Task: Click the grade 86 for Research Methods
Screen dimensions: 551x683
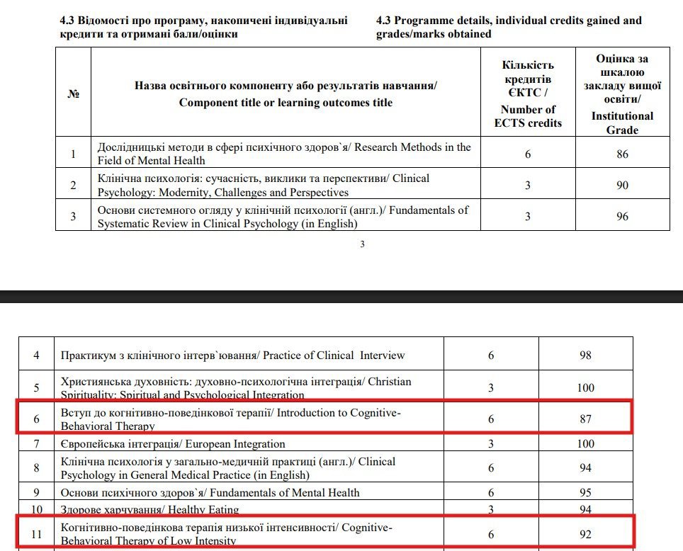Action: (622, 154)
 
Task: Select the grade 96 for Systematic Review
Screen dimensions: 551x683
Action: (622, 216)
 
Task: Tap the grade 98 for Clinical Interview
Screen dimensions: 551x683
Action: (585, 355)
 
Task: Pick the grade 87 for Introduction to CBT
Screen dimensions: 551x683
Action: (585, 419)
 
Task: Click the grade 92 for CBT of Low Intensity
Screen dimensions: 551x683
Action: (585, 535)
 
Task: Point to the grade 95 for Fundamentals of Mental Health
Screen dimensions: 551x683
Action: (585, 493)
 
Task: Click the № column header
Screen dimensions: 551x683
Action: (73, 94)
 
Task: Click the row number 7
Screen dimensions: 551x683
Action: (37, 444)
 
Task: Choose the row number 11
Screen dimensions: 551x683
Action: (37, 535)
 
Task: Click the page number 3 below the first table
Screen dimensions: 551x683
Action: (362, 245)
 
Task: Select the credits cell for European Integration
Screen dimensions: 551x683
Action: (491, 444)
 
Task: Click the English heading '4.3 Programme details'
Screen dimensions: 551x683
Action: (509, 27)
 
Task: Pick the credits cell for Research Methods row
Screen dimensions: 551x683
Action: (528, 154)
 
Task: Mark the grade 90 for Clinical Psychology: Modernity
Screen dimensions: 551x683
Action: (622, 185)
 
